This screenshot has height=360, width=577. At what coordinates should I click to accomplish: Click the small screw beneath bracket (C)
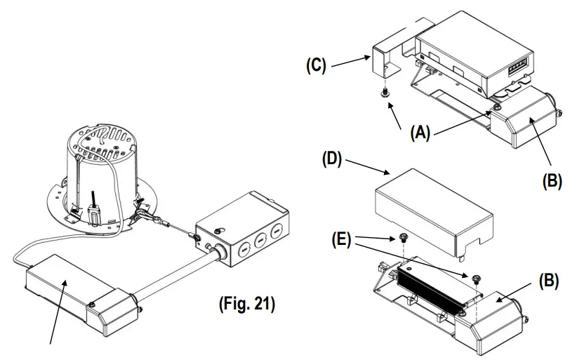tap(385, 92)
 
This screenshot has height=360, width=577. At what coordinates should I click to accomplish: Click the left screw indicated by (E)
tap(404, 237)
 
